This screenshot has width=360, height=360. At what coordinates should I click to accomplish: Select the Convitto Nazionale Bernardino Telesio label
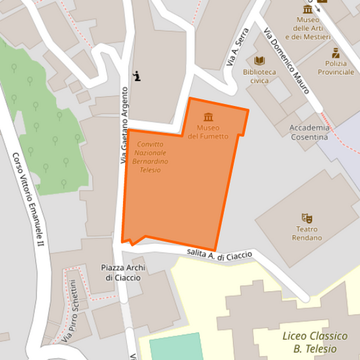[x=153, y=157]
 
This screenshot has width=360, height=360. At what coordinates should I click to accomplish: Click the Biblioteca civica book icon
[x=259, y=60]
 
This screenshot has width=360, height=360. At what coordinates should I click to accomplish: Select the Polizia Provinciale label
[x=336, y=67]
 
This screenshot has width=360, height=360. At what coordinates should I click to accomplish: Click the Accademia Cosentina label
[x=309, y=132]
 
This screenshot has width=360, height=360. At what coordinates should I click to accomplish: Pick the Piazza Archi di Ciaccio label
[x=123, y=272]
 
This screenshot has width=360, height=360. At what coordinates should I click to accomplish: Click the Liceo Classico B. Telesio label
[x=315, y=342]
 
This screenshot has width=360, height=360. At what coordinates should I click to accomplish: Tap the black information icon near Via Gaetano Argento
[x=138, y=76]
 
